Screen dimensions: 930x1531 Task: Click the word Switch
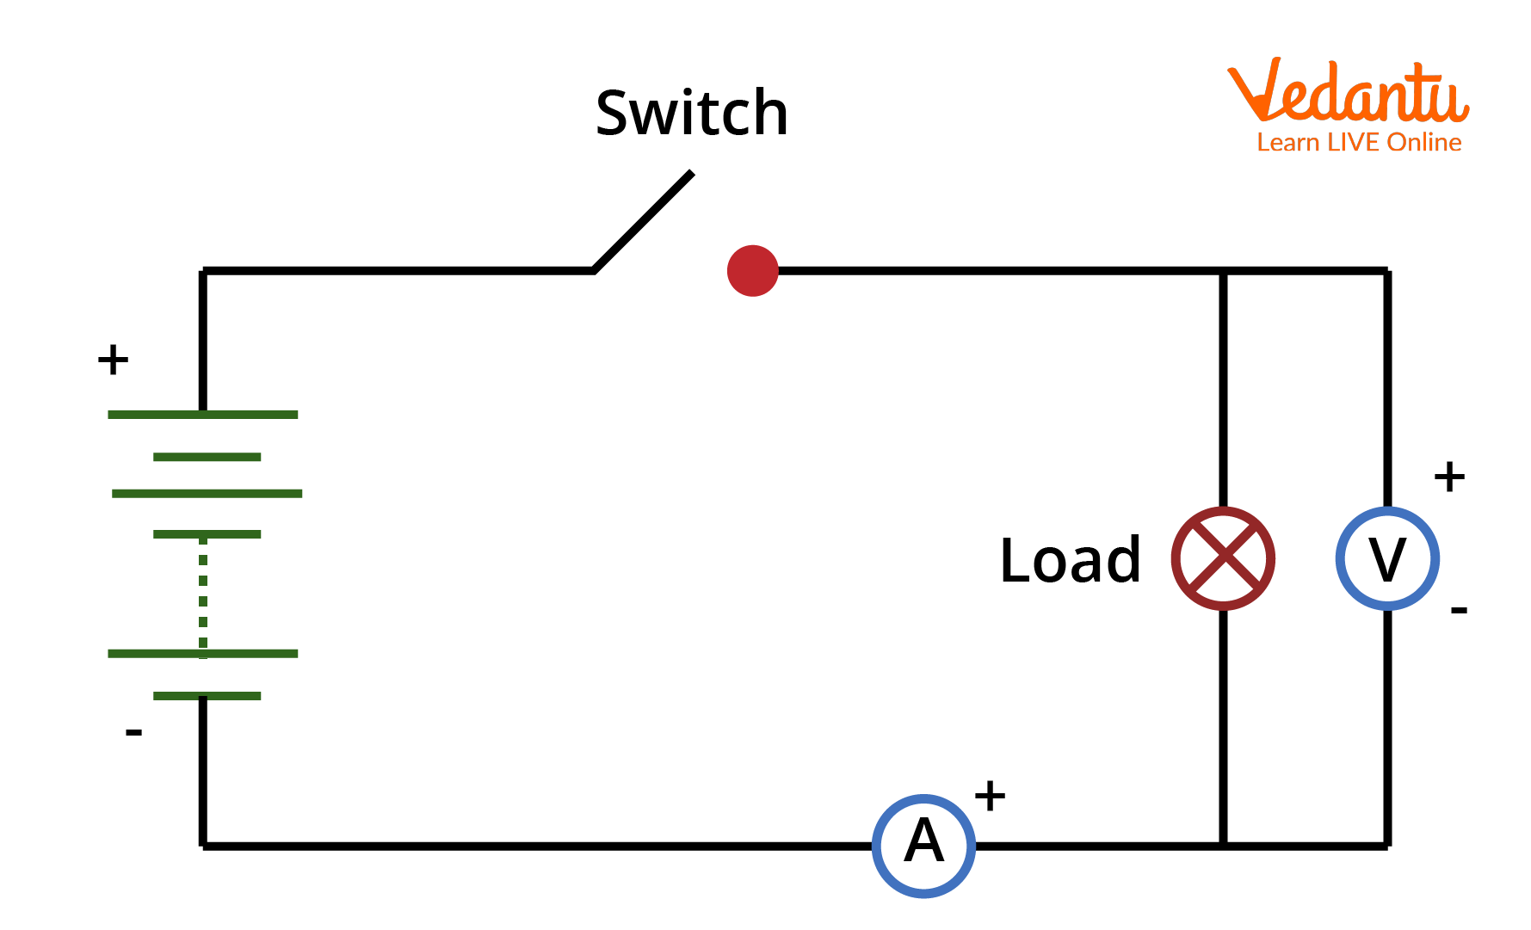(691, 113)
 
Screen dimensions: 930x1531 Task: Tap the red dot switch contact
(752, 270)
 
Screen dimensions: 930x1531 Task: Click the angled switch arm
(643, 221)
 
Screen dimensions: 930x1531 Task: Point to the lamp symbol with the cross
(1222, 558)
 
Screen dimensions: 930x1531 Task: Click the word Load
(1070, 560)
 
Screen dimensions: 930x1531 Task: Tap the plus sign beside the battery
(113, 359)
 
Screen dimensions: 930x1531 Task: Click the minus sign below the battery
(133, 732)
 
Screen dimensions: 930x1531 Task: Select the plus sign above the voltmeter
(1449, 476)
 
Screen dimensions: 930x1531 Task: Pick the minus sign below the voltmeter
(1458, 610)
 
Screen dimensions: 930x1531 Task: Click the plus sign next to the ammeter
(990, 795)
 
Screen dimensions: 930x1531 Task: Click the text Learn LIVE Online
(1358, 142)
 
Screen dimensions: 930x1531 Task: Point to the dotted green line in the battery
(203, 594)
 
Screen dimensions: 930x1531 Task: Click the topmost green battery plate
(203, 415)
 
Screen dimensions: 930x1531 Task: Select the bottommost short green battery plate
(207, 695)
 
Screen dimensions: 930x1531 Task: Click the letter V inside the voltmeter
(1387, 560)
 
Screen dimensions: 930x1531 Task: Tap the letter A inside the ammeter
(923, 841)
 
